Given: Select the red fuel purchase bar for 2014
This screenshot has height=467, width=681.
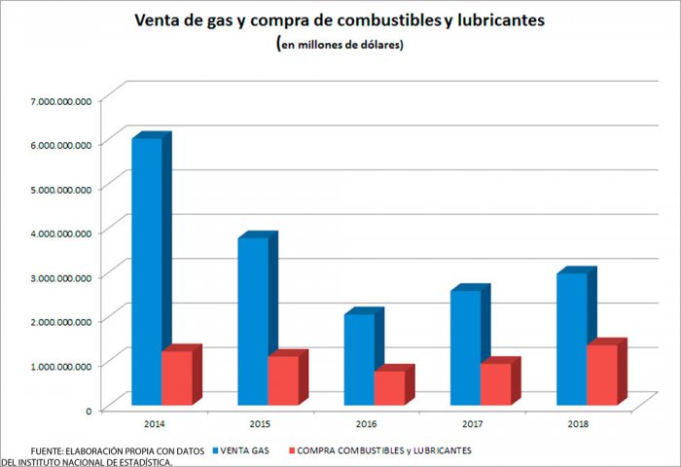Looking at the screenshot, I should pyautogui.click(x=176, y=377).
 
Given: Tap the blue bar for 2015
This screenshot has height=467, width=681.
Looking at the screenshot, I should pyautogui.click(x=253, y=320).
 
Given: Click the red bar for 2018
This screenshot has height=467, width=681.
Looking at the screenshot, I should pyautogui.click(x=601, y=375).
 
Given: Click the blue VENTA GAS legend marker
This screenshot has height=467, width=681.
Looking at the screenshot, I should pyautogui.click(x=214, y=450).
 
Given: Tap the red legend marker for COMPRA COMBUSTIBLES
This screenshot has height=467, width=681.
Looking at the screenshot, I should pyautogui.click(x=291, y=450).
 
